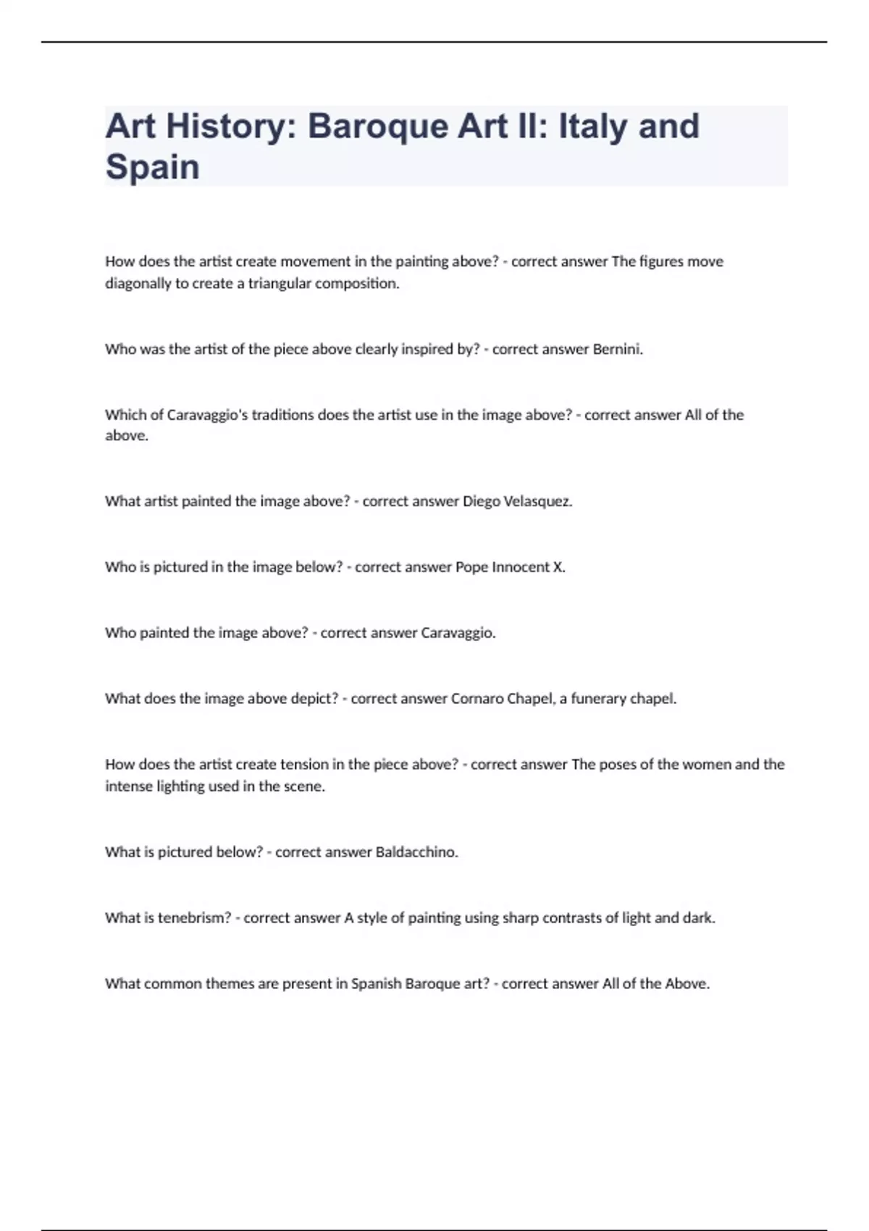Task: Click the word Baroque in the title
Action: pos(377,126)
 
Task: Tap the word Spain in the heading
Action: pos(152,167)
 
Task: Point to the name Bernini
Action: pos(617,349)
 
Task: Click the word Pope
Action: pos(471,567)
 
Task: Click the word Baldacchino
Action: pos(416,852)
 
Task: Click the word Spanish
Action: pos(376,983)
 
